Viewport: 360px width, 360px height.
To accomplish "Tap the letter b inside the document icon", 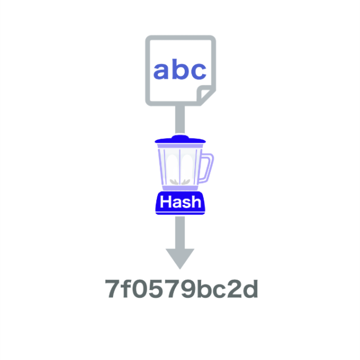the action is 180,69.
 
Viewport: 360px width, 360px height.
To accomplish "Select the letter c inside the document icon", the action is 198,72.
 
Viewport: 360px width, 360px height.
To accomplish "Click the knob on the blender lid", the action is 180,136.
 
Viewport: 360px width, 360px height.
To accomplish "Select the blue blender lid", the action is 180,141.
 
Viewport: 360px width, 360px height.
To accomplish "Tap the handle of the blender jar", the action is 207,167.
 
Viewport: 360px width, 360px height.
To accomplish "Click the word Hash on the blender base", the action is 180,203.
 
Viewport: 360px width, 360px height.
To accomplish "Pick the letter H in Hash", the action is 165,203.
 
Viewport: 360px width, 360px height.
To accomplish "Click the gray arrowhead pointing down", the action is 180,258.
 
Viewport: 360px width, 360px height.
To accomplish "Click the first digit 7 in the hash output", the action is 113,290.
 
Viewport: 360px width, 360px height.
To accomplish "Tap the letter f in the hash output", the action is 126,289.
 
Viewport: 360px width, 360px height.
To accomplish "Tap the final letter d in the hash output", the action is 250,289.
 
